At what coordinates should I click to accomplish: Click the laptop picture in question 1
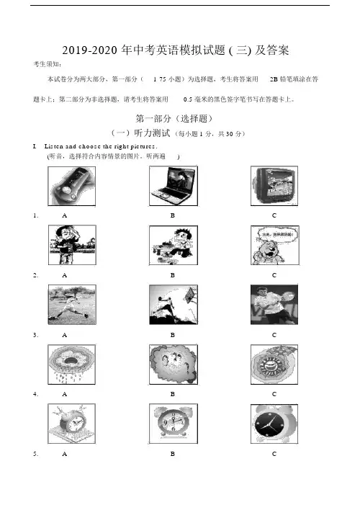pyautogui.click(x=174, y=186)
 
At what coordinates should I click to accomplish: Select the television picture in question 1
pyautogui.click(x=274, y=186)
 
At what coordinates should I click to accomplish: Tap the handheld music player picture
pyautogui.click(x=71, y=186)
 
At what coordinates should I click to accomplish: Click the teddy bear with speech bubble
pyautogui.click(x=275, y=245)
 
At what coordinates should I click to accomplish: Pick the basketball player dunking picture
pyautogui.click(x=174, y=305)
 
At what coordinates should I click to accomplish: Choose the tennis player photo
pyautogui.click(x=274, y=305)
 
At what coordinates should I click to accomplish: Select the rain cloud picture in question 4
pyautogui.click(x=71, y=364)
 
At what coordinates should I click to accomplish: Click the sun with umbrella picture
pyautogui.click(x=274, y=364)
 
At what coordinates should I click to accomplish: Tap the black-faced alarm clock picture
pyautogui.click(x=274, y=424)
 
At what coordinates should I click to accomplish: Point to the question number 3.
pyautogui.click(x=35, y=335)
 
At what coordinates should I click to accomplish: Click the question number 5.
pyautogui.click(x=35, y=454)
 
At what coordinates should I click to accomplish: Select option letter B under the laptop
pyautogui.click(x=173, y=215)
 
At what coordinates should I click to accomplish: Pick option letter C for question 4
pyautogui.click(x=274, y=394)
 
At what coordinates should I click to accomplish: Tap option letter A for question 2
pyautogui.click(x=64, y=275)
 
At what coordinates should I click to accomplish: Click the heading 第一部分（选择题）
pyautogui.click(x=174, y=118)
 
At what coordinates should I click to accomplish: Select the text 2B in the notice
pyautogui.click(x=274, y=79)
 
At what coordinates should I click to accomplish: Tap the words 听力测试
pyautogui.click(x=152, y=133)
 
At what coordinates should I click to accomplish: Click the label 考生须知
pyautogui.click(x=48, y=64)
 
